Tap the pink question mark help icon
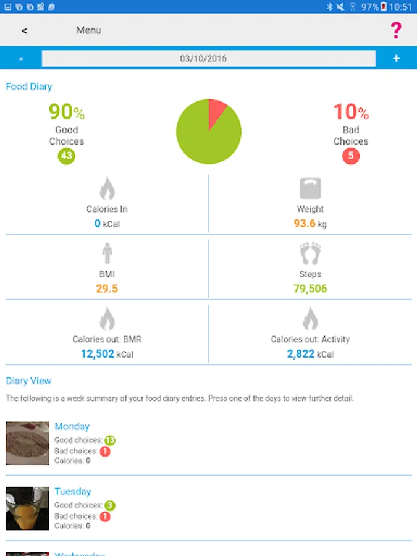396,30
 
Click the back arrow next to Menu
24,31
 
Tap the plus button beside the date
396,59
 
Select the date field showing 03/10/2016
208,59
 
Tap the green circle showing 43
67,156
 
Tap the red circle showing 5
351,156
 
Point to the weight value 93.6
305,224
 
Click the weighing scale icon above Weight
310,189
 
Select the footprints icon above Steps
310,254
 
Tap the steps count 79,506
310,289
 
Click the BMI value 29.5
107,289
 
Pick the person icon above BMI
107,254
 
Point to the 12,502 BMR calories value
98,354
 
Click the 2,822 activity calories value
301,354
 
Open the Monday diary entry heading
72,426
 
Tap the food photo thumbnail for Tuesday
27,508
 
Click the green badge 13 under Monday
110,440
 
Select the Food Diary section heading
29,86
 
